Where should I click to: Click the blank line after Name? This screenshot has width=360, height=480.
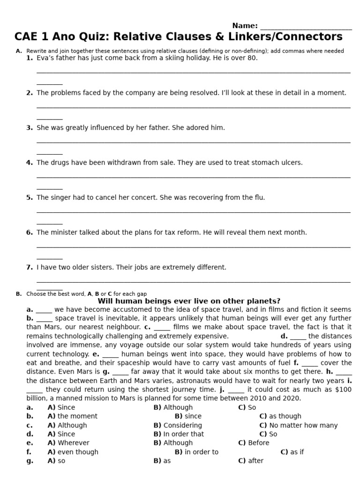[306, 26]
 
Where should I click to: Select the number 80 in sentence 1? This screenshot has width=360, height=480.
[252, 58]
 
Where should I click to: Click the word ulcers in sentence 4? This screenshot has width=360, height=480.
[292, 163]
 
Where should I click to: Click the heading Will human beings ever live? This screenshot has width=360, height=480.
[188, 301]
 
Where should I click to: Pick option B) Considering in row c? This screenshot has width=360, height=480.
[178, 425]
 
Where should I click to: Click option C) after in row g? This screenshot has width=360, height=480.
[251, 461]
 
